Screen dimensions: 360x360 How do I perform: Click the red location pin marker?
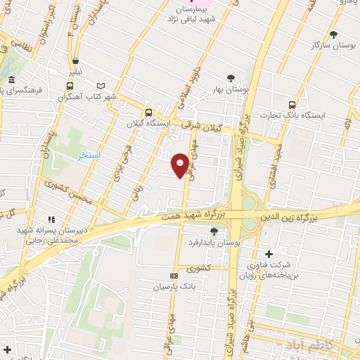[x=180, y=165]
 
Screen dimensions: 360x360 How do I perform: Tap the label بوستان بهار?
[x=231, y=90]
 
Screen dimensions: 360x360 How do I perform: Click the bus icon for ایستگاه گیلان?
[x=148, y=112]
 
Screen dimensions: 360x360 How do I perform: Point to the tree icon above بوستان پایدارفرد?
[x=214, y=231]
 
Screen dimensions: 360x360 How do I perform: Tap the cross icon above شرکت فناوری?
[x=267, y=254]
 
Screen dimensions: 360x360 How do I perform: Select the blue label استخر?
[x=89, y=154]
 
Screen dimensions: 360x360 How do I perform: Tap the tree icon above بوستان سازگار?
[x=333, y=34]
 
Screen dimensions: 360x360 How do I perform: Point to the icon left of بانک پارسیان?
[x=174, y=276]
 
